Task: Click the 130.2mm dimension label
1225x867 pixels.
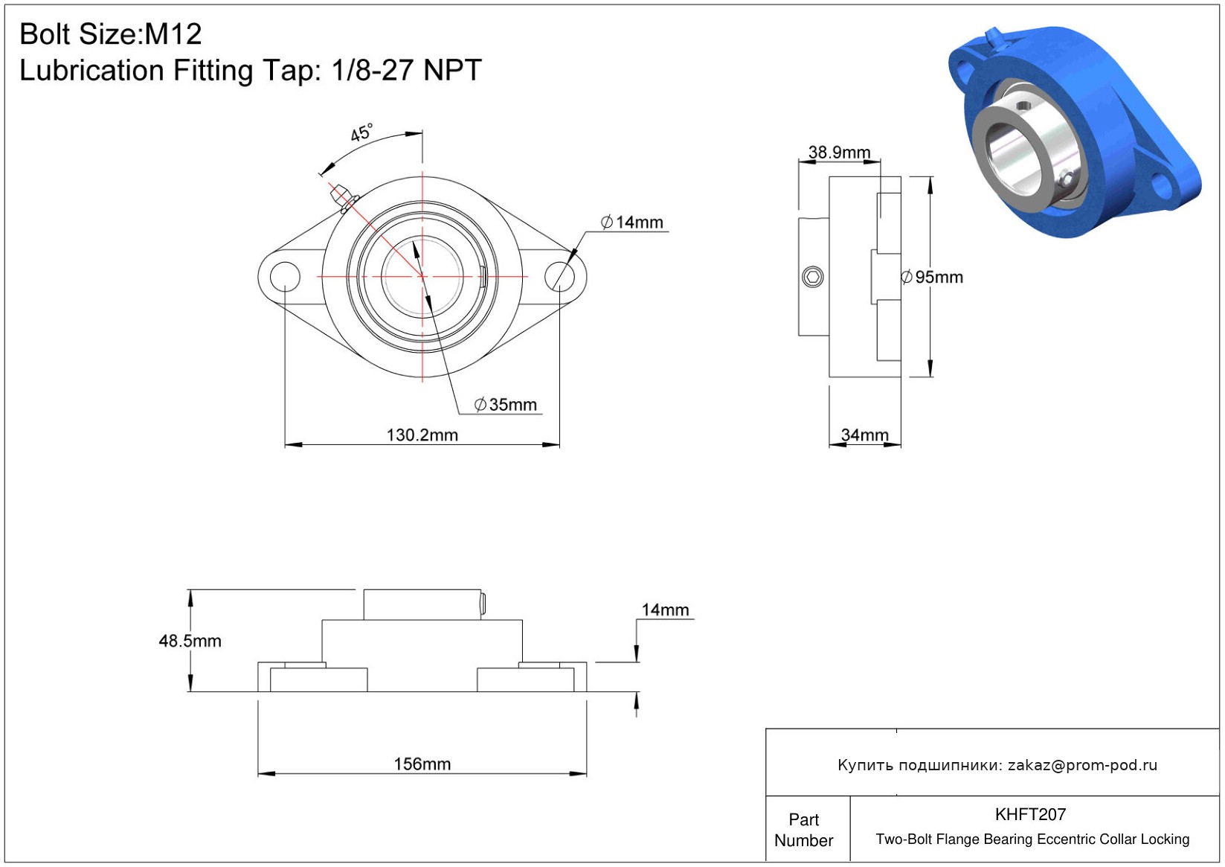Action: (422, 435)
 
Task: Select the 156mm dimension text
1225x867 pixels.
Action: (422, 764)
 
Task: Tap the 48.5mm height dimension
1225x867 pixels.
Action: (190, 641)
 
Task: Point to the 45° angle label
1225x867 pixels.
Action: (361, 132)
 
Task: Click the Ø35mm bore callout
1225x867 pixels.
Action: (505, 405)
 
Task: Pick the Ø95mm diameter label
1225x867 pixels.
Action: (932, 277)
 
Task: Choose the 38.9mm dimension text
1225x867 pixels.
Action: (840, 152)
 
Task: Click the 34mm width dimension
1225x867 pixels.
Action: (864, 435)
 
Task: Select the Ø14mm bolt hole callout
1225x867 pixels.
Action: (631, 223)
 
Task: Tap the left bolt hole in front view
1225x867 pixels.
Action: (285, 276)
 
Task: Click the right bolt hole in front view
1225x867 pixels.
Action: (560, 276)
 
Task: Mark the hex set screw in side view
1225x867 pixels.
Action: (813, 277)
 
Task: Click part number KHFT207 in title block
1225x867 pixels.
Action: (1030, 814)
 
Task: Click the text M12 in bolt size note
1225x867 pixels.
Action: (173, 34)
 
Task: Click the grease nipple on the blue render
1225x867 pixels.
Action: (994, 39)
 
